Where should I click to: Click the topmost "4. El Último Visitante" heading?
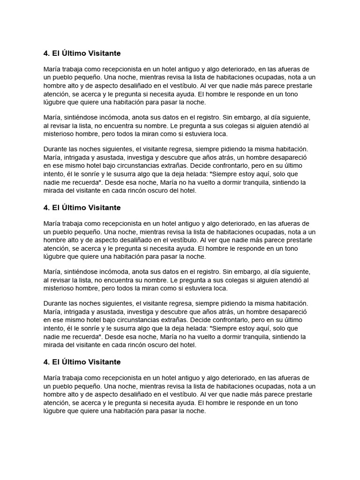(x=82, y=53)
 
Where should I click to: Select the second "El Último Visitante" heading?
(x=82, y=208)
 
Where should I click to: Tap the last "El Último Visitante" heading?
(x=82, y=362)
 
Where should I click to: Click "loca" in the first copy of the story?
(x=220, y=134)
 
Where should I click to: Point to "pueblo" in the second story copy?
(x=63, y=232)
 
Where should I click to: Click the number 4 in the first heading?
(x=46, y=53)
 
